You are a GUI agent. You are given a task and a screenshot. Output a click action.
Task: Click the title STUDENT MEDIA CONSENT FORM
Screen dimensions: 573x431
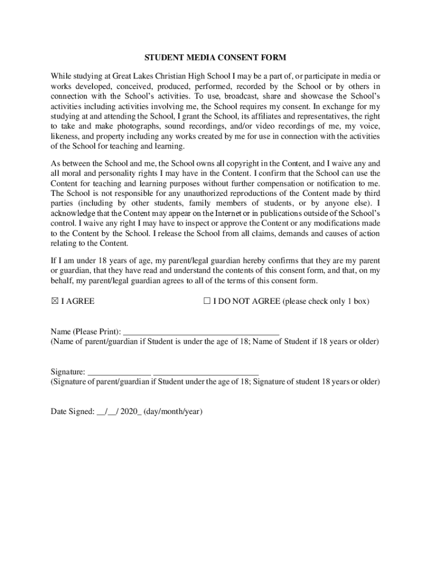215,58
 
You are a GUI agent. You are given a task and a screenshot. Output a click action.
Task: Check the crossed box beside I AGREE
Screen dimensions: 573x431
54,302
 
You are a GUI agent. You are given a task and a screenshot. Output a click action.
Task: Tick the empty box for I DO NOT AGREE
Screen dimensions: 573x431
207,302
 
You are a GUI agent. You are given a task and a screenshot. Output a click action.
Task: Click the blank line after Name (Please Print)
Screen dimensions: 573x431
200,331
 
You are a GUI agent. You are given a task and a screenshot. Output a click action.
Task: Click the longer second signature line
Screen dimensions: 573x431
206,372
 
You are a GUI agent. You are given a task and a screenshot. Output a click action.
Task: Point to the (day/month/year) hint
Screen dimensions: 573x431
173,412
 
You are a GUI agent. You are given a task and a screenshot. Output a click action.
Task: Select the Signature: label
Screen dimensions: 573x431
68,372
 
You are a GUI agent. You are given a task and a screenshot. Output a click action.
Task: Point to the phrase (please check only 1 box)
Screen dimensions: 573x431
326,302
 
